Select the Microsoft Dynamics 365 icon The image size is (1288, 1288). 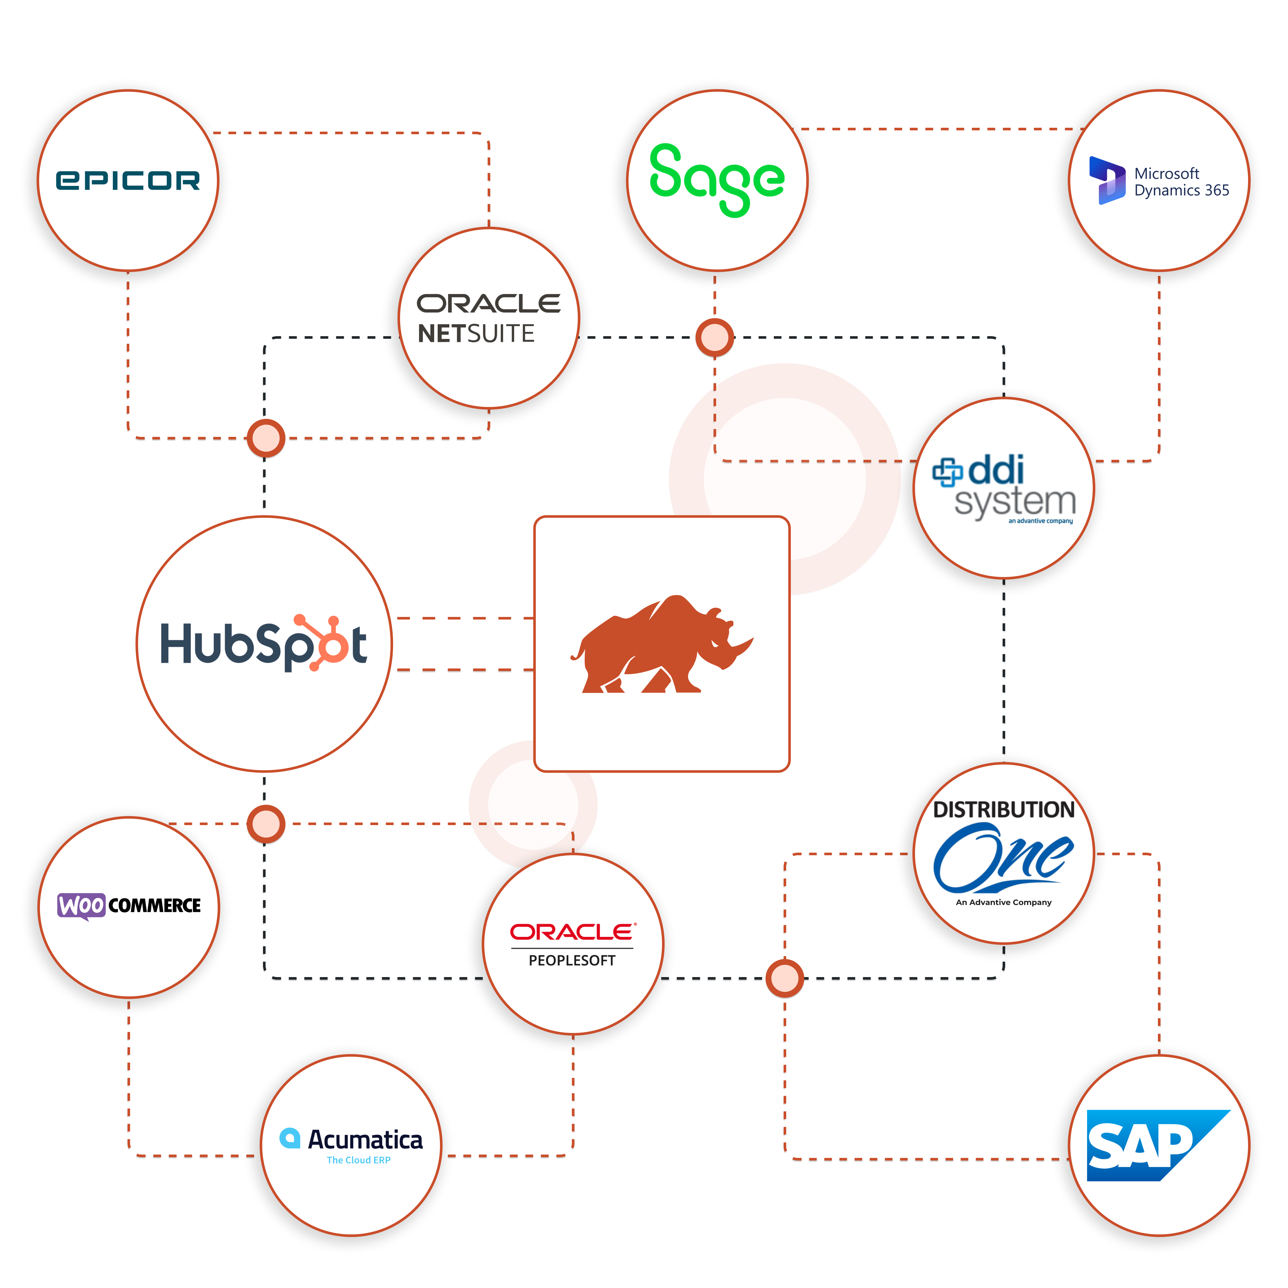pyautogui.click(x=1107, y=180)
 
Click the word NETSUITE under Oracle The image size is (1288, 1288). pyautogui.click(x=476, y=333)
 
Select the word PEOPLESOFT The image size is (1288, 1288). pyautogui.click(x=572, y=961)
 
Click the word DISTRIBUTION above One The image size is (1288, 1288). pyautogui.click(x=1003, y=810)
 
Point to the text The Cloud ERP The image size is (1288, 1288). pyautogui.click(x=359, y=1160)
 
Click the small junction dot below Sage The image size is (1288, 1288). pyautogui.click(x=715, y=337)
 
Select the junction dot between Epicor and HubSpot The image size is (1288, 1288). pyautogui.click(x=266, y=438)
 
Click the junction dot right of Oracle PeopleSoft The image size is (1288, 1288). pyautogui.click(x=785, y=978)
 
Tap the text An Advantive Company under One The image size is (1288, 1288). pyautogui.click(x=1003, y=902)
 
